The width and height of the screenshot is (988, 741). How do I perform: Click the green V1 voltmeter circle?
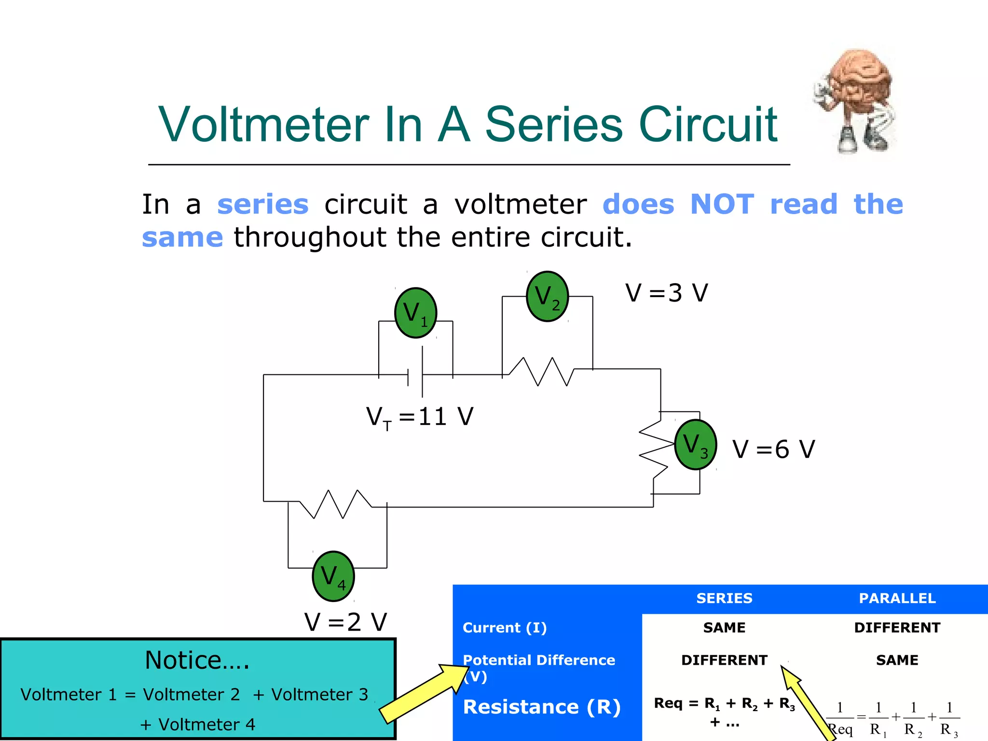tap(416, 313)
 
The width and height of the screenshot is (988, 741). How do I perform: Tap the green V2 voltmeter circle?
tap(547, 296)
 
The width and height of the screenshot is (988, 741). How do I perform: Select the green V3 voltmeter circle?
tap(695, 444)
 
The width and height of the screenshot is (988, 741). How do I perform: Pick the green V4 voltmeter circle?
tap(333, 576)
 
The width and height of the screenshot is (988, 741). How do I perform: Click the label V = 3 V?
tap(666, 293)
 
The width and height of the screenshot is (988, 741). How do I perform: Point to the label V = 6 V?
tap(773, 449)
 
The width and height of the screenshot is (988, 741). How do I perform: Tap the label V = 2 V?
tap(345, 622)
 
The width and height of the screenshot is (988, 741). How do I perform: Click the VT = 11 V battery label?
tap(420, 416)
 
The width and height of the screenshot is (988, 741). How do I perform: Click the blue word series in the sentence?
tap(263, 204)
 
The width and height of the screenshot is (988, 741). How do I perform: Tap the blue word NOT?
tap(722, 204)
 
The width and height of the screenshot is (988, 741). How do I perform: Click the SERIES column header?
tap(724, 598)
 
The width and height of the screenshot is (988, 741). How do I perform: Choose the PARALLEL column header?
tap(897, 598)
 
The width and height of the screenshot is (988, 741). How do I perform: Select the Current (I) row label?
tap(505, 628)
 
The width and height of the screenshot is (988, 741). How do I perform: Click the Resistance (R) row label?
tap(542, 707)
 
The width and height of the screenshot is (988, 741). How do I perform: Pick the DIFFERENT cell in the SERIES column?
tap(724, 660)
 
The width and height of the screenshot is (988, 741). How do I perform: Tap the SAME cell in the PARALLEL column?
tap(897, 660)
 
